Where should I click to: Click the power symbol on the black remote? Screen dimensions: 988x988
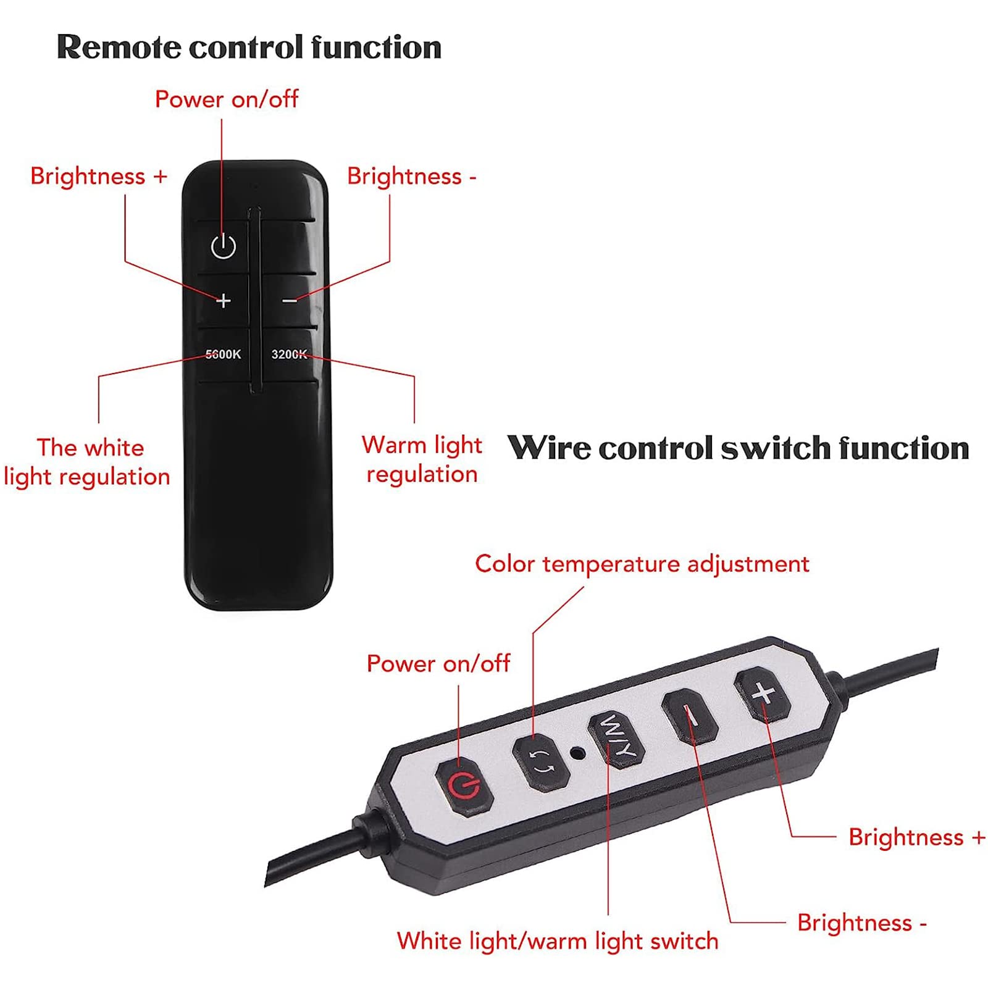[223, 247]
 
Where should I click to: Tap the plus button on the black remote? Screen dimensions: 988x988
[224, 301]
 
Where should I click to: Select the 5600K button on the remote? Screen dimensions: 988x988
[224, 354]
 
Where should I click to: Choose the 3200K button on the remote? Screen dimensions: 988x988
[289, 354]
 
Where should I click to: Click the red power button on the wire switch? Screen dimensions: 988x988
[464, 786]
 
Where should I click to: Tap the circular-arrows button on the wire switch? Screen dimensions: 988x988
[542, 761]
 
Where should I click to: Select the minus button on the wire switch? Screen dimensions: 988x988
[690, 716]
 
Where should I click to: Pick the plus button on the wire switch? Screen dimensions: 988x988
[763, 694]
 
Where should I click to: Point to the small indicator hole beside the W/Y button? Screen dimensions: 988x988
[577, 753]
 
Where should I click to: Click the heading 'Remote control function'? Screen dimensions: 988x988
[249, 47]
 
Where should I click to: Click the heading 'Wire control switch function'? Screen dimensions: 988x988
[738, 448]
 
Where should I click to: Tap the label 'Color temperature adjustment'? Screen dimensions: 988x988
[642, 564]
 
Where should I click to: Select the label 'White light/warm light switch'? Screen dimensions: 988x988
[558, 941]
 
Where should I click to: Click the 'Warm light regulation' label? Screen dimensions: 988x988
[422, 459]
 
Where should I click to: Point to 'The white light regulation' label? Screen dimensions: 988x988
[87, 462]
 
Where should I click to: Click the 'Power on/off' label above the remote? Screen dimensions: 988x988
[227, 99]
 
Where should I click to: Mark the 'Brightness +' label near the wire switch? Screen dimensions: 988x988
[917, 837]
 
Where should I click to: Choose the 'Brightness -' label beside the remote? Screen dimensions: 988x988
[412, 177]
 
